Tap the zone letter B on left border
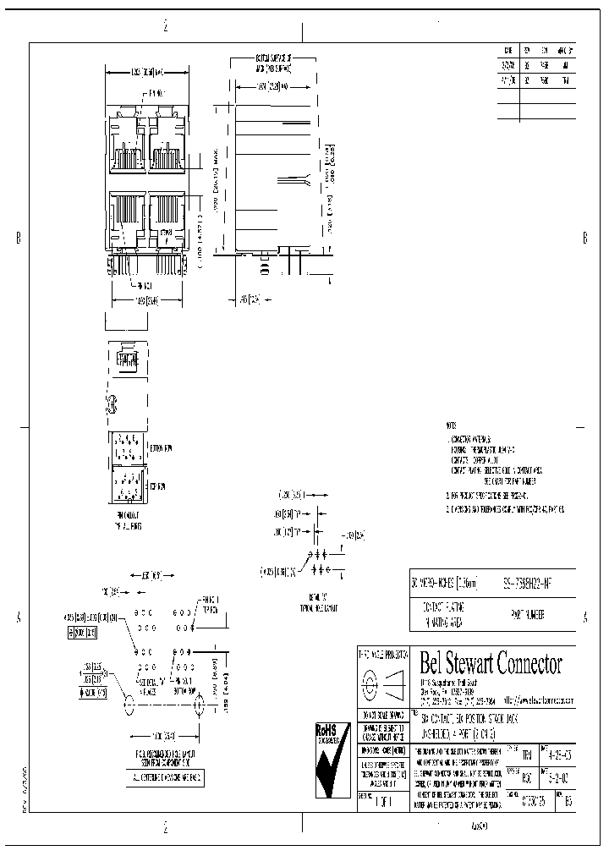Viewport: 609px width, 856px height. tap(18, 239)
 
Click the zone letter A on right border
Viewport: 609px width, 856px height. tap(585, 618)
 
